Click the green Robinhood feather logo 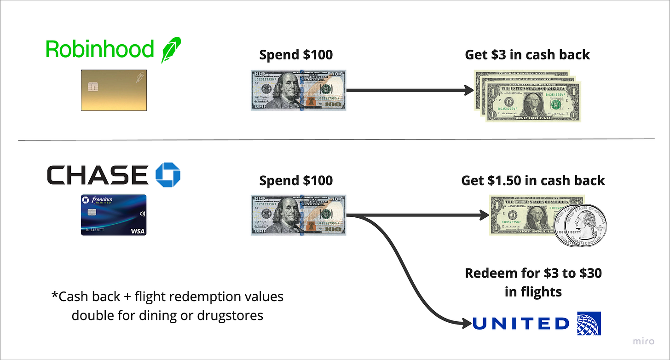click(x=171, y=50)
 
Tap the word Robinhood click(x=100, y=49)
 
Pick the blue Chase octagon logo click(x=168, y=174)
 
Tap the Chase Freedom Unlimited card click(x=114, y=215)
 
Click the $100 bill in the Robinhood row click(x=298, y=90)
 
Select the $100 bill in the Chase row click(x=298, y=215)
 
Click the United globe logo click(x=589, y=324)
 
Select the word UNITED click(x=521, y=324)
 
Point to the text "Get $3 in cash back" click(x=527, y=55)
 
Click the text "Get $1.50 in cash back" click(x=533, y=180)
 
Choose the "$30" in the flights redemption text click(x=590, y=273)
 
